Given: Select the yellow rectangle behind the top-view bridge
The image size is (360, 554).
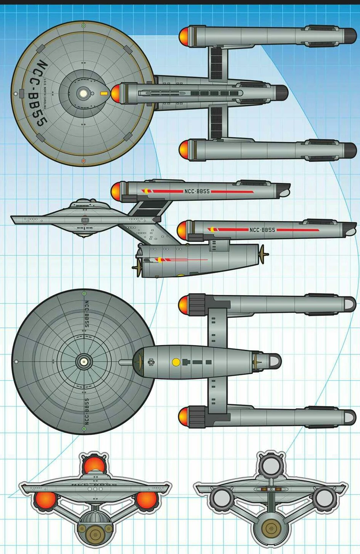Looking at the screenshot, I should coord(103,93).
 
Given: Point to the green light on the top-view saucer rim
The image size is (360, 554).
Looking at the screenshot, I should coord(84,26).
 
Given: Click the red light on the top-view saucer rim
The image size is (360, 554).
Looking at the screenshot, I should coord(84,161).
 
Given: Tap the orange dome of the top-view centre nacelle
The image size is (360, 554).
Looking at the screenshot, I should coord(115,93).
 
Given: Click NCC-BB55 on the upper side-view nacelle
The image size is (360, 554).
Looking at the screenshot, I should coord(197,191).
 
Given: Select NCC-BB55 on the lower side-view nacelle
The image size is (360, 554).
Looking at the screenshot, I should coord(262,230).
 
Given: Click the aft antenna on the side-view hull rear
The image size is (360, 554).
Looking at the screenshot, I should coord(262,254).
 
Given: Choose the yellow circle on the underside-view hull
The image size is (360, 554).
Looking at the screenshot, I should coord(176,362).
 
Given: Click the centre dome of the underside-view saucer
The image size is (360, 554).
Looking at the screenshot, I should coord(83,362).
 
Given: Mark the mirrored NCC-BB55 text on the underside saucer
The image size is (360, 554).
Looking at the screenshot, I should coord(86,412).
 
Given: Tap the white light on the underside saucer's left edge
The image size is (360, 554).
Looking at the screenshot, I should coord(16,362).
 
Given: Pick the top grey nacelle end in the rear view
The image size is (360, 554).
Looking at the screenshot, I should coord(271,465).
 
